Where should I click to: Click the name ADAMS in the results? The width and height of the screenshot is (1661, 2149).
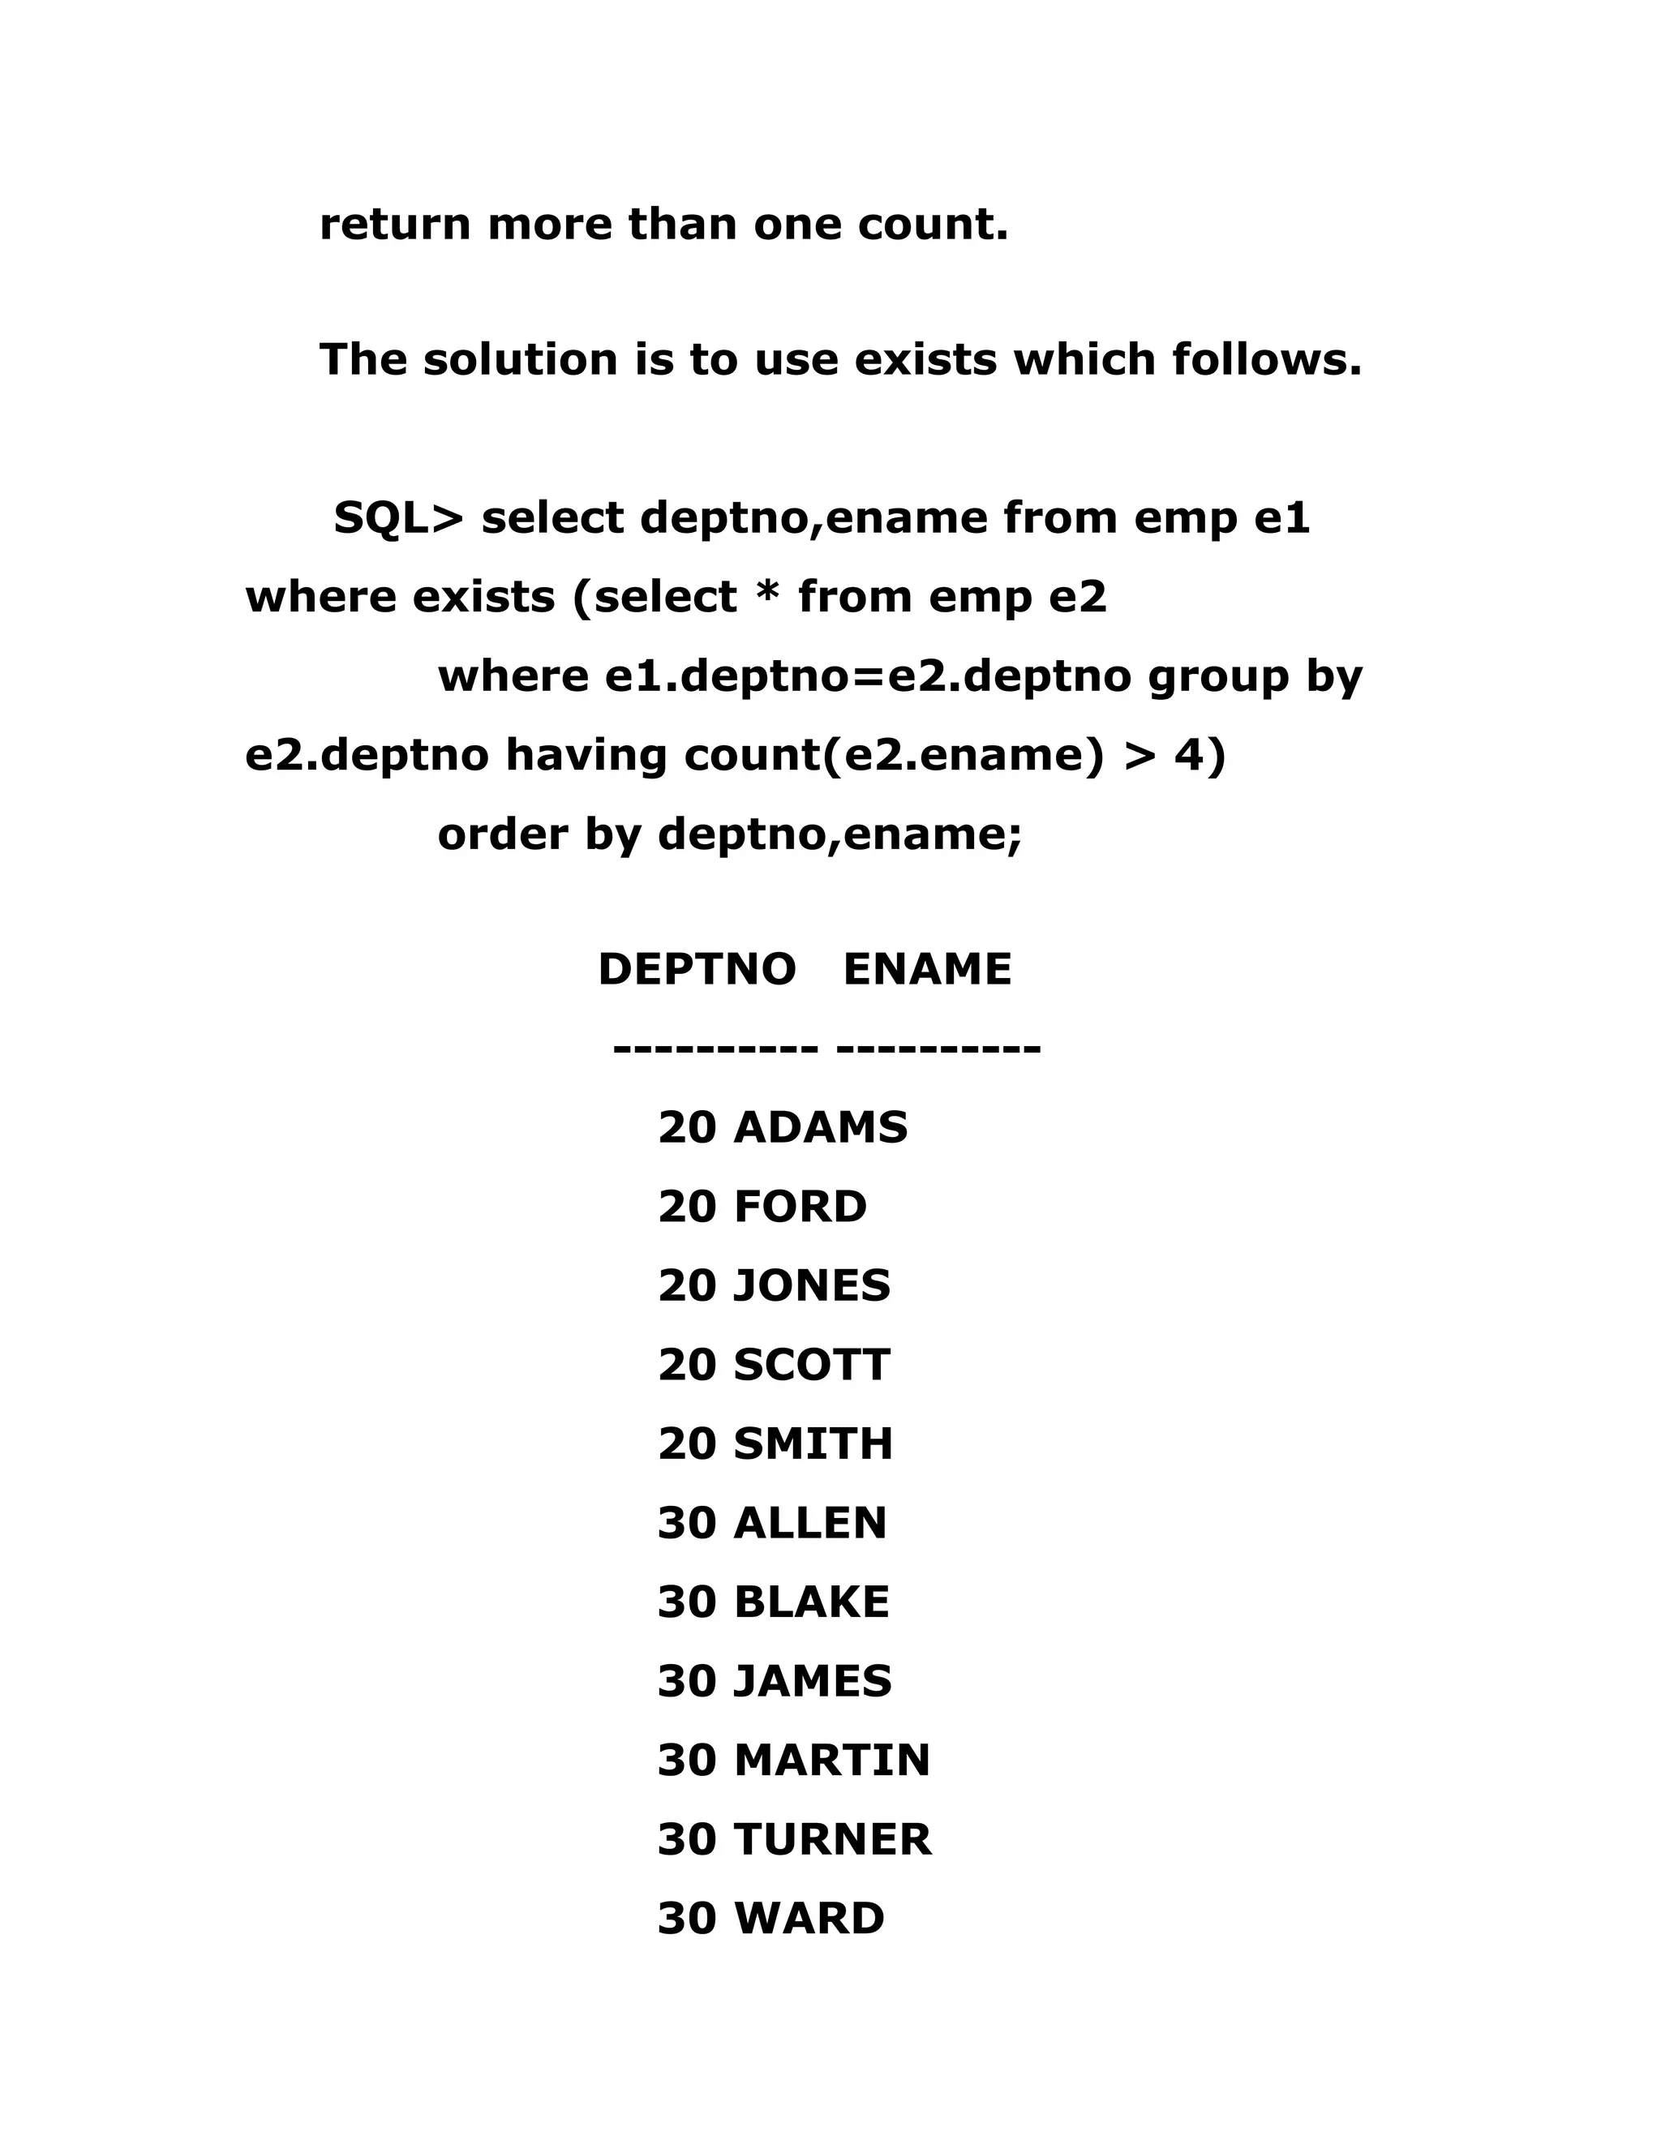click(x=821, y=1128)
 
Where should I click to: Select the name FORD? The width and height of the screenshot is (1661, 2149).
click(x=800, y=1207)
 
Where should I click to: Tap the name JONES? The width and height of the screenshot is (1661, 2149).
click(x=812, y=1286)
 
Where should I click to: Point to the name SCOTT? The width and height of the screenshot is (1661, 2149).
click(x=812, y=1365)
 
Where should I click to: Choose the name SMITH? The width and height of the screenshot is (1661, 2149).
click(x=813, y=1444)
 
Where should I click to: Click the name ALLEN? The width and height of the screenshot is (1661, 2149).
click(x=810, y=1523)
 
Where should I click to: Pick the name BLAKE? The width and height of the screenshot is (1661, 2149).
click(x=811, y=1602)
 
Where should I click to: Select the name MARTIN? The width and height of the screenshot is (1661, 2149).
click(x=831, y=1761)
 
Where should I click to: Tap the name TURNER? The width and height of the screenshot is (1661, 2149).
click(x=832, y=1840)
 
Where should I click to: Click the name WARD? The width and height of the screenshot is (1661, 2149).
click(x=809, y=1919)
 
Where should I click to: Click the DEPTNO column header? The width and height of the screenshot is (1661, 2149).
click(x=697, y=969)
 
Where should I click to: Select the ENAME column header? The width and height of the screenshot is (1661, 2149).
click(x=927, y=969)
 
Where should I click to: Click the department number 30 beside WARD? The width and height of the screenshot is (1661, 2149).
click(x=686, y=1919)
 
